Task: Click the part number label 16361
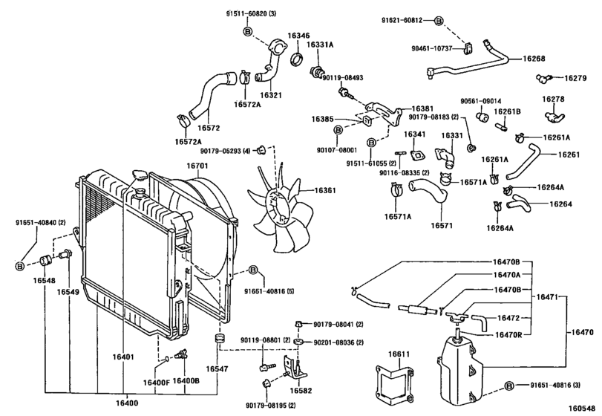[325, 192]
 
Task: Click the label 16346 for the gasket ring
[298, 35]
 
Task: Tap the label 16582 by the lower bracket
[301, 391]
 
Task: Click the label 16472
[508, 318]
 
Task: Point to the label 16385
[323, 119]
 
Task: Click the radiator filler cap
[139, 177]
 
